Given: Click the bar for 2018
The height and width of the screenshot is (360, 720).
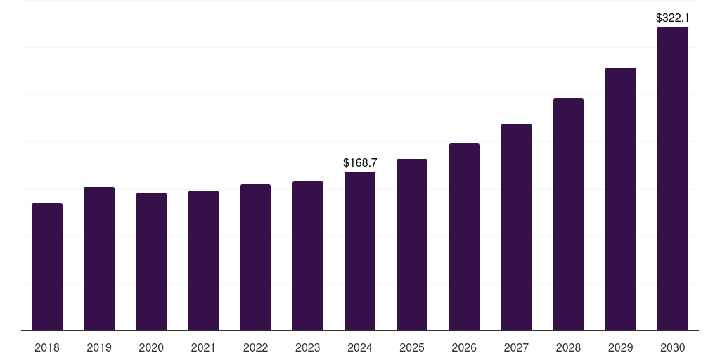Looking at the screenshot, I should click(47, 267).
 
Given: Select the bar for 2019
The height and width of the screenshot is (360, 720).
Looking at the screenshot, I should click(99, 259).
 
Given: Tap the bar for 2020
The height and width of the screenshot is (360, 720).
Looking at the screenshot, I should click(151, 262).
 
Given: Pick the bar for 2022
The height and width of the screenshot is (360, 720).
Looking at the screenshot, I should click(255, 257).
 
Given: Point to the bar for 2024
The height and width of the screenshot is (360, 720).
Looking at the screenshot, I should click(360, 251).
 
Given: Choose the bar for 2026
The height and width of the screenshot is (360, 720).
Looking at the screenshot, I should click(464, 237).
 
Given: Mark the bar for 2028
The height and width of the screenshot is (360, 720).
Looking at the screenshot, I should click(568, 214).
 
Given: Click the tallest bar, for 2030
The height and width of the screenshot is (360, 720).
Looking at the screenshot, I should click(672, 179).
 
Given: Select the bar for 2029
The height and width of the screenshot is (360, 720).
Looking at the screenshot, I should click(620, 199).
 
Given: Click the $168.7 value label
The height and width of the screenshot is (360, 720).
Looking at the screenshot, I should click(360, 162).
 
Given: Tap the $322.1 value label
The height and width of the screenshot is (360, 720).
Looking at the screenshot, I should click(672, 18).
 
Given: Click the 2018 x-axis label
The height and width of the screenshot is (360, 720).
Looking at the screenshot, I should click(47, 347).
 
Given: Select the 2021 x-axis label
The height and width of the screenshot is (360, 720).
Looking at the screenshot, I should click(203, 347).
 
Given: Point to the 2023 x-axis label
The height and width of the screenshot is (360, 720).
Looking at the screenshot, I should click(307, 347).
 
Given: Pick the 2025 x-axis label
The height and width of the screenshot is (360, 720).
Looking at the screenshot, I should click(412, 347).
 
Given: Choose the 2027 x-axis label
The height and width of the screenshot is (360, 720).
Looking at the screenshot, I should click(516, 347).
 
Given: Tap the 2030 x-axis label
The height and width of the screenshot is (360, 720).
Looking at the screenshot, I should click(672, 347).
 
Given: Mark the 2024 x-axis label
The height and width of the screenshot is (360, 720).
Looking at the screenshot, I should click(360, 347).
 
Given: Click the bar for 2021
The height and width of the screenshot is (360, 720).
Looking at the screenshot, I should click(203, 261).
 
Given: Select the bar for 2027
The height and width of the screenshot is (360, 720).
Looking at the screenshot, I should click(516, 227).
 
